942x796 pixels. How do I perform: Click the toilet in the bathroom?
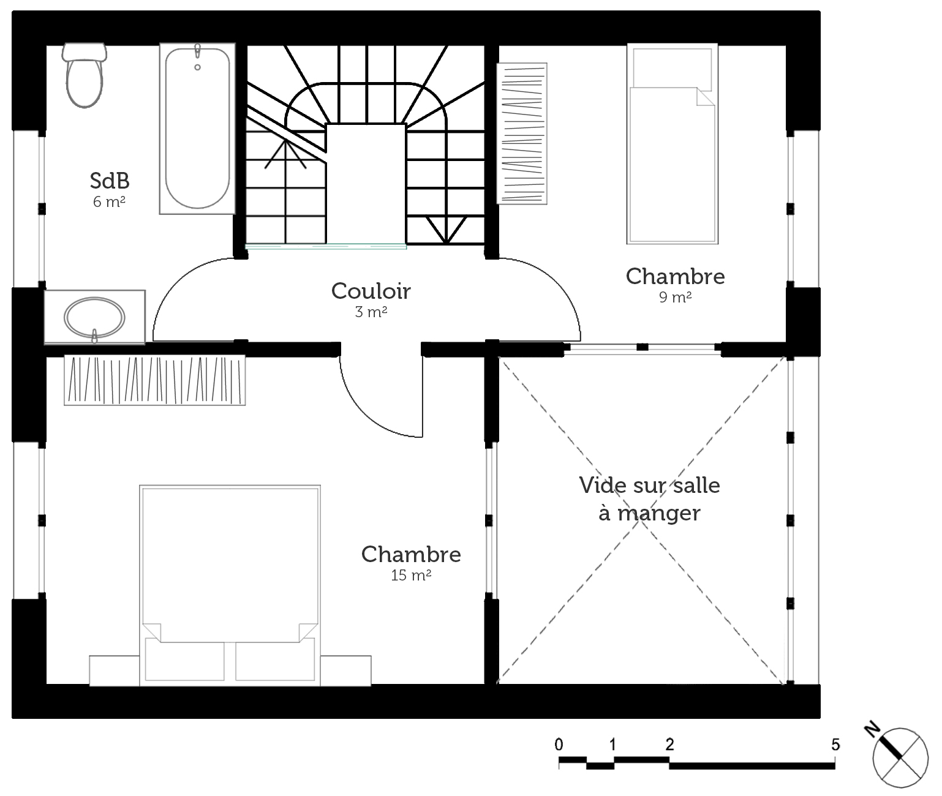pyautogui.click(x=85, y=75)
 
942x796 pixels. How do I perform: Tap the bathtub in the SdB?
pyautogui.click(x=197, y=129)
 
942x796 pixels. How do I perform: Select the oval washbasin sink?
pyautogui.click(x=94, y=318)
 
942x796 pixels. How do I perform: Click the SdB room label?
pyautogui.click(x=110, y=181)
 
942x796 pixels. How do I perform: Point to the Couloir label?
pyautogui.click(x=371, y=291)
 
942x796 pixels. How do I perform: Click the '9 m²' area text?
pyautogui.click(x=676, y=297)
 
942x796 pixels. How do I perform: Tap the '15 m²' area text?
pyautogui.click(x=411, y=576)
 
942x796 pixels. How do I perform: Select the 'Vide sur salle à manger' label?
pyautogui.click(x=649, y=500)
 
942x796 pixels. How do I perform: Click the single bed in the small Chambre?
pyautogui.click(x=673, y=144)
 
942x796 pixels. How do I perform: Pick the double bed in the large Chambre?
pyautogui.click(x=230, y=585)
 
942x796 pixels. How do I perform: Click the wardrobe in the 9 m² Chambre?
pyautogui.click(x=522, y=133)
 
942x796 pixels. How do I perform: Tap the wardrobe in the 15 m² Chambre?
pyautogui.click(x=154, y=380)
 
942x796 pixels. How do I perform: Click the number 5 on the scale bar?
pyautogui.click(x=835, y=745)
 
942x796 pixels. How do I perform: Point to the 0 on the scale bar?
pyautogui.click(x=559, y=745)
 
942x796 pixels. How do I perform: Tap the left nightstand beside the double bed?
pyautogui.click(x=115, y=670)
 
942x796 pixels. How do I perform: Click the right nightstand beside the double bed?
pyautogui.click(x=346, y=670)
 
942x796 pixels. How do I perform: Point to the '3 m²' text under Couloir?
pyautogui.click(x=371, y=312)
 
